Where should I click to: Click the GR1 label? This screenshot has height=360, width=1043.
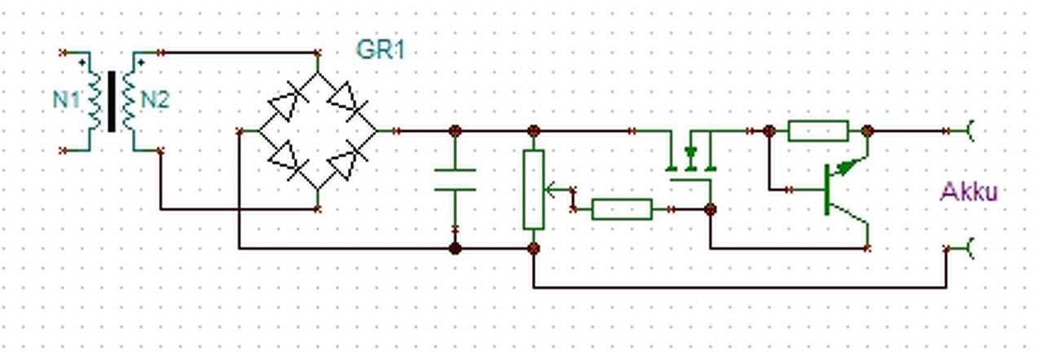[x=381, y=50]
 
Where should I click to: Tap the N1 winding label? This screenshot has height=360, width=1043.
[x=66, y=99]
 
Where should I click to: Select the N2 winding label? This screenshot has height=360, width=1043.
[x=155, y=99]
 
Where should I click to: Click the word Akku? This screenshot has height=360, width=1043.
[x=969, y=191]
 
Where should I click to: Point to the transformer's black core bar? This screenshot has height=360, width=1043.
[x=112, y=101]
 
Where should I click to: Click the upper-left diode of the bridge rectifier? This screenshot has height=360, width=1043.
[x=288, y=101]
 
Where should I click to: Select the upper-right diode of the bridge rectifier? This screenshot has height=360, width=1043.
[x=347, y=101]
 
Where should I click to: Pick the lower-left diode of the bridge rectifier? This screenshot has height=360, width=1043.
[x=288, y=160]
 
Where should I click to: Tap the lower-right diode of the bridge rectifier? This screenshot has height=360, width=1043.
[x=347, y=160]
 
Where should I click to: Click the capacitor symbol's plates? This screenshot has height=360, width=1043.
[x=455, y=180]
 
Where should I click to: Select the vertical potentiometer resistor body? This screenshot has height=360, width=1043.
[x=534, y=190]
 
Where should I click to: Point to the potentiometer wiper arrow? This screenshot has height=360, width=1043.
[x=557, y=190]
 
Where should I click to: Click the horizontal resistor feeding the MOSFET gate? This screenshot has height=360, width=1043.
[x=622, y=209]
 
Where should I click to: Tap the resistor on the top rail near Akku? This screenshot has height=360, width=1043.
[x=818, y=130]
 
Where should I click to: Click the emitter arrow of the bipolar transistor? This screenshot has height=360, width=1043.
[x=848, y=165]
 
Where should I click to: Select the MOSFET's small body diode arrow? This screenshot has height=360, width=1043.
[x=691, y=152]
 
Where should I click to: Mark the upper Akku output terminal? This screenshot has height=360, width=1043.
[x=970, y=130]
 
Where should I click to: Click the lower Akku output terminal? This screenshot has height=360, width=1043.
[x=970, y=248]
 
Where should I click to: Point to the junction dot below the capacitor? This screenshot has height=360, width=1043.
[x=455, y=248]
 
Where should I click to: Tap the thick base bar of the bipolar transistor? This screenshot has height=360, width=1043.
[x=827, y=190]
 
